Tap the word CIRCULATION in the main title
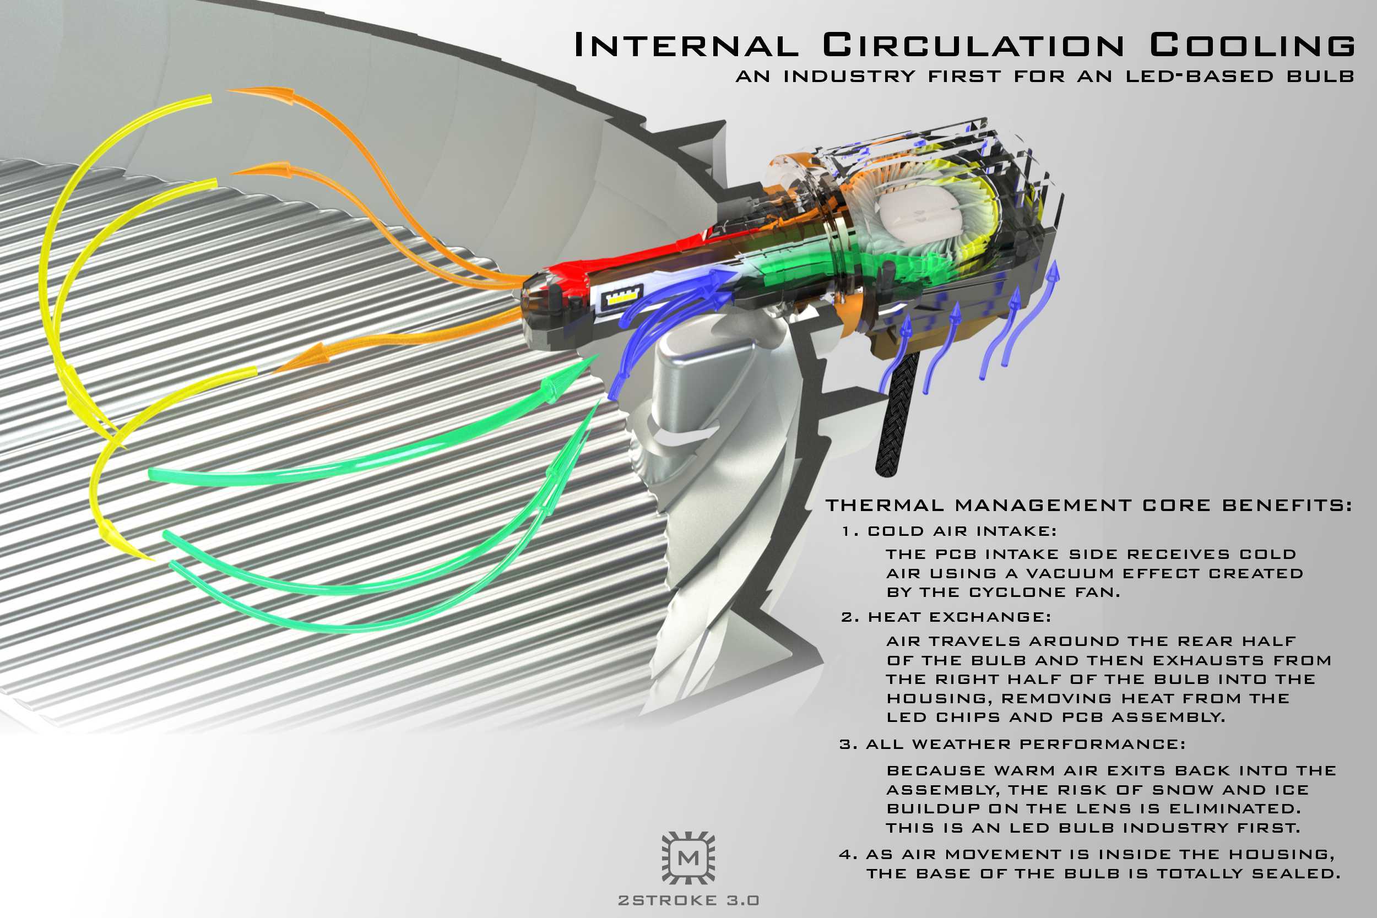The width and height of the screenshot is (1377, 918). (973, 46)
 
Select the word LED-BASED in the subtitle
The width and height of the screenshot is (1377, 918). (1199, 77)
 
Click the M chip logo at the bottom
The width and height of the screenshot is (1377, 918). (688, 857)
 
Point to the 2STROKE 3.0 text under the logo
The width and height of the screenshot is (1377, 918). (688, 900)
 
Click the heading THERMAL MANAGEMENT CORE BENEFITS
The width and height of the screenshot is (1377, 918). (1089, 505)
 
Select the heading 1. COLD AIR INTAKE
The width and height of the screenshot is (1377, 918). (949, 531)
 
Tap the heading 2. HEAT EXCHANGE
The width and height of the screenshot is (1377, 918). (946, 617)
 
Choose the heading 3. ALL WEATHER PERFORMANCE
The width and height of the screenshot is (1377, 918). (1012, 745)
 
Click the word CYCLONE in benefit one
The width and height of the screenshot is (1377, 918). (1017, 593)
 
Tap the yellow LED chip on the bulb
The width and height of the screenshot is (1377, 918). (622, 298)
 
